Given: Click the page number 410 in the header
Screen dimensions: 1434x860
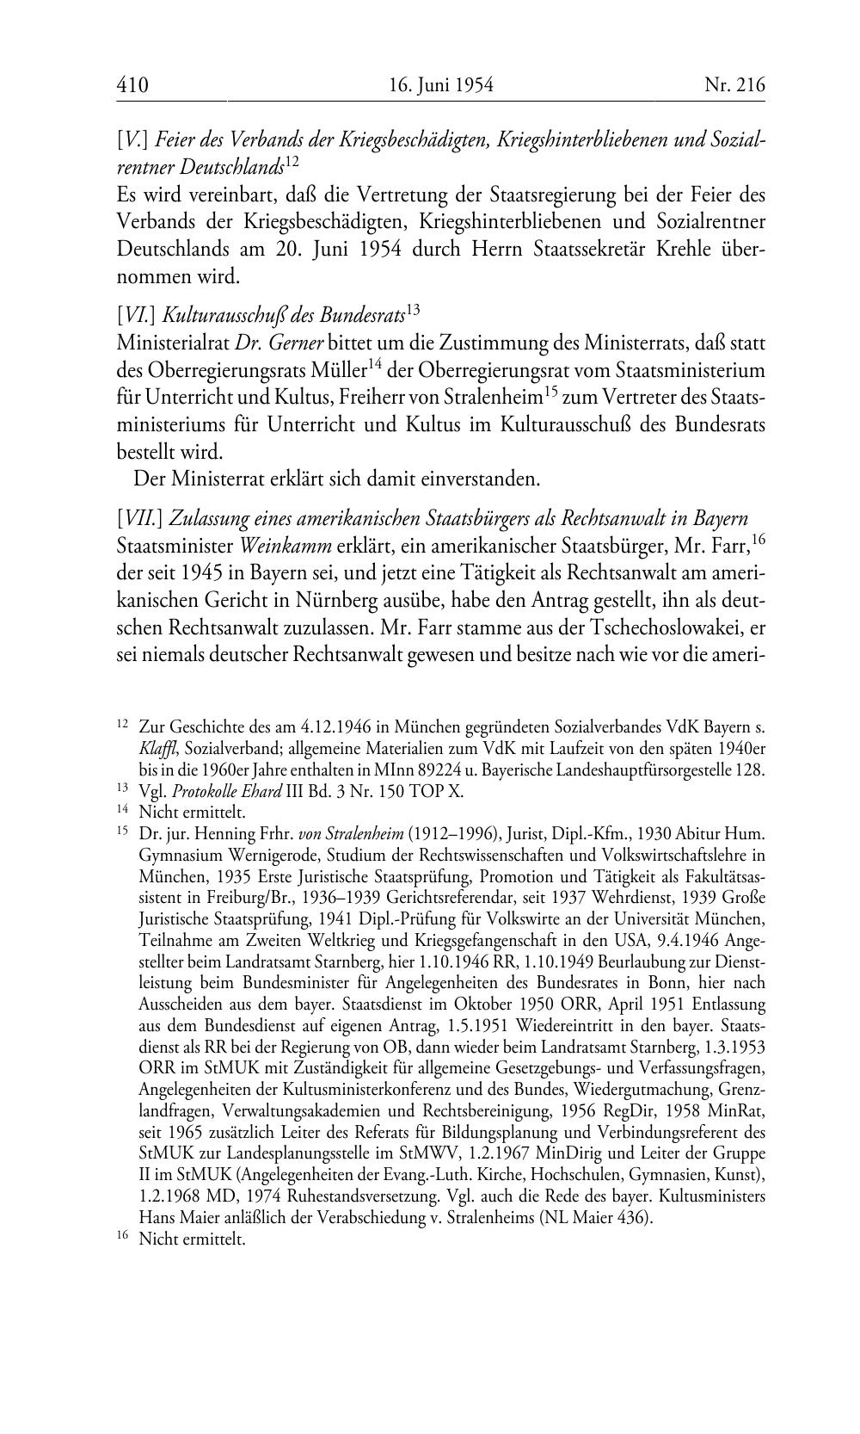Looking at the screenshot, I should [132, 85].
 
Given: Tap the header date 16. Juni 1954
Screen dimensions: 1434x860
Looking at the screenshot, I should [440, 85].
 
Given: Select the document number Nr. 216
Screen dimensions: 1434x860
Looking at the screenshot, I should [734, 85].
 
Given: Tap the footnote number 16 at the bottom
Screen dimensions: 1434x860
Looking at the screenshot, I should [122, 1239].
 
